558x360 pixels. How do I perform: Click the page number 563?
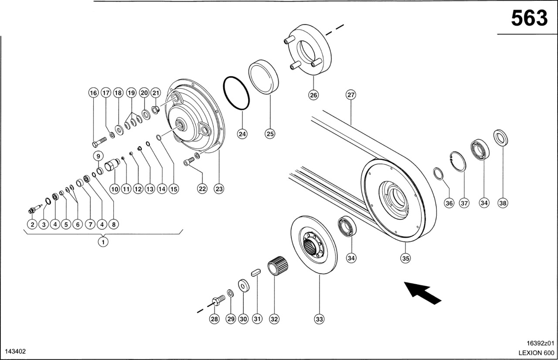point(529,18)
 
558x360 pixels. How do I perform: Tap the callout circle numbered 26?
point(314,95)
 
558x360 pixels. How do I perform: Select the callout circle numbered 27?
point(351,95)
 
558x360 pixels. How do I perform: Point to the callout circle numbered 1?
point(103,241)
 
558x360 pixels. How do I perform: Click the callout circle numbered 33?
point(320,319)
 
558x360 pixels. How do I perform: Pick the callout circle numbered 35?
point(406,258)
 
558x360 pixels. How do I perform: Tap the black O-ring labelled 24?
point(236,93)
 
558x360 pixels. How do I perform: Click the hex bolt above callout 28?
point(218,300)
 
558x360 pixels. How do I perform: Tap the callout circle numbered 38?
point(503,203)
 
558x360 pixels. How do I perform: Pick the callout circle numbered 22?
point(202,189)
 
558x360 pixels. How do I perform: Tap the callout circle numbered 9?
point(98,156)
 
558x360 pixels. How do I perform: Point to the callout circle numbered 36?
point(449,203)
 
